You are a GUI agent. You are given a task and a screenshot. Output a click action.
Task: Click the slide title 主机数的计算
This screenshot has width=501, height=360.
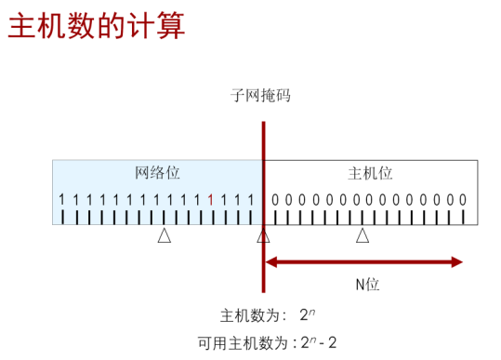coord(97,25)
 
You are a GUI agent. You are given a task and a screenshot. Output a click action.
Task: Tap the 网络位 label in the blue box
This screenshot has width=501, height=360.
coord(157,173)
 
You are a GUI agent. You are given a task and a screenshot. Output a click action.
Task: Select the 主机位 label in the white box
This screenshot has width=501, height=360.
coord(370,173)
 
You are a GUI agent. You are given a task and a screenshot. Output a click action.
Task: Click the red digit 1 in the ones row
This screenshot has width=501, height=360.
coord(211,199)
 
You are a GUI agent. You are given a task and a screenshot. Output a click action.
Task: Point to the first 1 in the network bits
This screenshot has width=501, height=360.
coord(61,199)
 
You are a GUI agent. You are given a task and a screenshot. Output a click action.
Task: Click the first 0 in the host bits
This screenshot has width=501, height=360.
coord(276,199)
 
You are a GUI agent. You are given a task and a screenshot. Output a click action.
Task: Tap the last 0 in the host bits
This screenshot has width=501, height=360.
coord(463,199)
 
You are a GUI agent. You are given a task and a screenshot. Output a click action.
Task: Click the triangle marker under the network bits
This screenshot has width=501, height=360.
coord(164,236)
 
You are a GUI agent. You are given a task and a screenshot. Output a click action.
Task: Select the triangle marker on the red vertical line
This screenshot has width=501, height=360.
coord(263,236)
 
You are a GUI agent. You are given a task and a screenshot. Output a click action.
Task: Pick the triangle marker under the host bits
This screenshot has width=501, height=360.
coord(363,236)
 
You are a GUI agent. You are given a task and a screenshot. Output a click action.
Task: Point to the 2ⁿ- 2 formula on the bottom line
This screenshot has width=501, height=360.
coord(320,341)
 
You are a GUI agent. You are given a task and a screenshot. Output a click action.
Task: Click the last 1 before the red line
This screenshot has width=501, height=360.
coord(251,199)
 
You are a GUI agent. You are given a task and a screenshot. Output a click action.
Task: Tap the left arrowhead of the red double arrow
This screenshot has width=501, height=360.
coord(271,262)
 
